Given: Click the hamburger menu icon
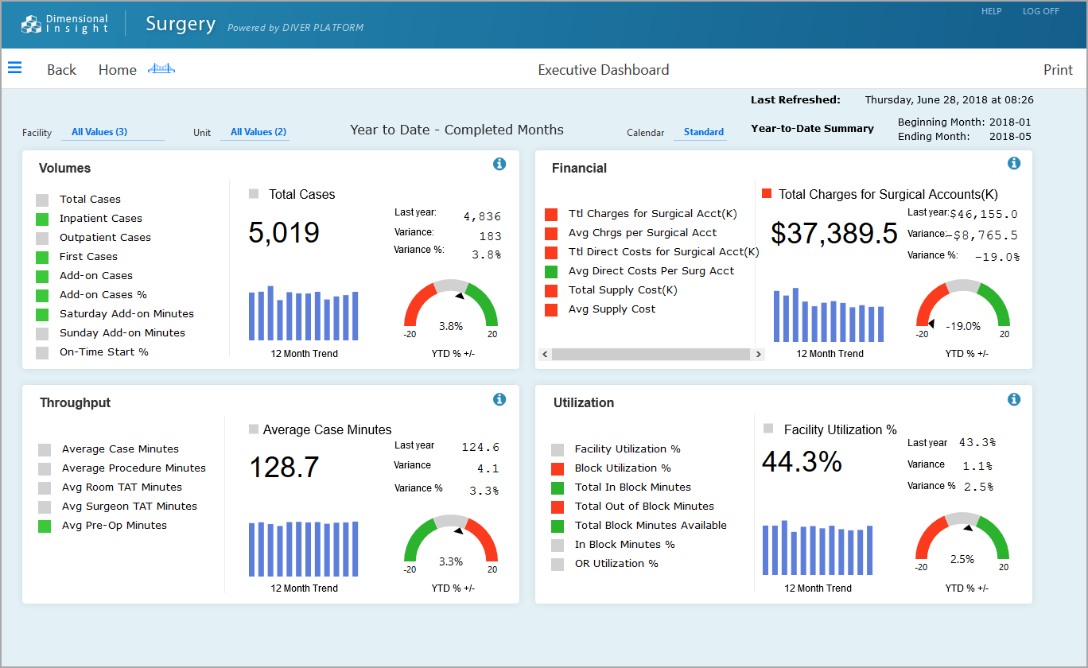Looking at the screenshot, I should pos(14,68).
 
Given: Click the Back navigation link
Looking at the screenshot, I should pos(61,70).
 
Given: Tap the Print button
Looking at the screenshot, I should pos(1058,70).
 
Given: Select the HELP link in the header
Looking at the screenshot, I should pos(991,12).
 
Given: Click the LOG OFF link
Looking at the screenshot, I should pos(1040,12).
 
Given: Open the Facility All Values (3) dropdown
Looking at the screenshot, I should pos(99,132).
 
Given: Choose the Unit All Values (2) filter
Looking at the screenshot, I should pos(258,132).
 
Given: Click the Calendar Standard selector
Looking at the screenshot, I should pos(703,132).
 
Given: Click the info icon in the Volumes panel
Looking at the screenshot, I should pos(499,164).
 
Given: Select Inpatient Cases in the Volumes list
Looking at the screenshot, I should pos(100,219).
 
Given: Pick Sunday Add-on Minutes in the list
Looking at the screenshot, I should pos(122,333).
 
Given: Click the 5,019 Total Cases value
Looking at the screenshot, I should pos(284,232).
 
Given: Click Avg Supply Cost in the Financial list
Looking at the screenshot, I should pos(612,309).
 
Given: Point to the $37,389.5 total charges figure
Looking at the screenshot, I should pos(834,233).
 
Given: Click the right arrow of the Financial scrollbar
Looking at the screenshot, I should pos(758,355).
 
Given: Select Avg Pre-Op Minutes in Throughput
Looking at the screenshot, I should pos(114,526).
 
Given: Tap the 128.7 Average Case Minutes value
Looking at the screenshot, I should pos(284,467).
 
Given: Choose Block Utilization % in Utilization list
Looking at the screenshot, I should pos(622,468).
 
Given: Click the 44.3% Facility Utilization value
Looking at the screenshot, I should pos(802,461).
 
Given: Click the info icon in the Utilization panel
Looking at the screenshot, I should pos(1013,399).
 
